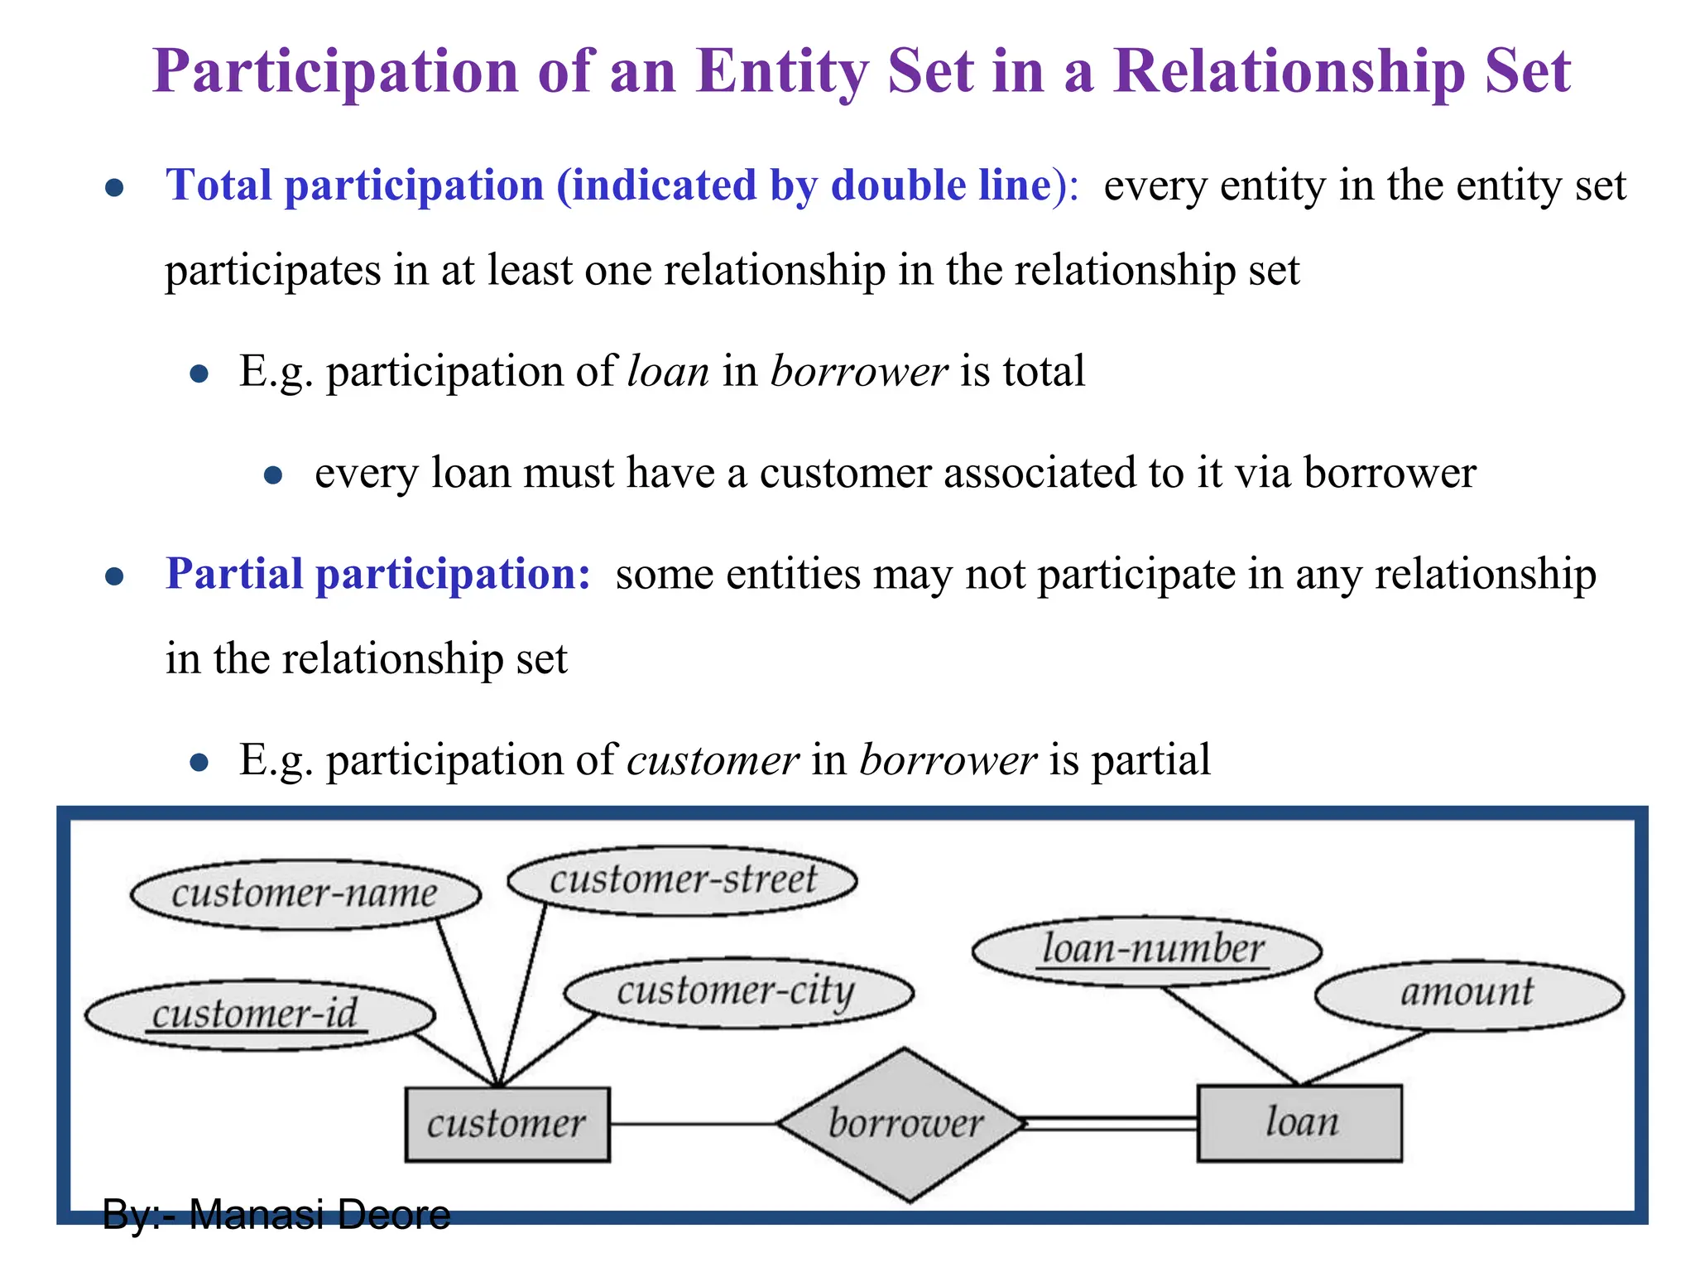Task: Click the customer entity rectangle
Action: tap(507, 1124)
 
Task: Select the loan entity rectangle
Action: tap(1299, 1123)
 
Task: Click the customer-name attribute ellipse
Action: tap(305, 894)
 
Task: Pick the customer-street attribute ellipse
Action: tap(682, 879)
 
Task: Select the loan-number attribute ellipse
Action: tap(1147, 950)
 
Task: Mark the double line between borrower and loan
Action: tap(1112, 1124)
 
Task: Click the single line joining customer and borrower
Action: tap(692, 1124)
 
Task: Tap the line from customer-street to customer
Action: tap(522, 994)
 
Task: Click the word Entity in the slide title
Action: tap(782, 71)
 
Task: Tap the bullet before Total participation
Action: tap(115, 187)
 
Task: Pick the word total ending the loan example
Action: tap(1044, 370)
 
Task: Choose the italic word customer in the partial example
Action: tap(713, 759)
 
